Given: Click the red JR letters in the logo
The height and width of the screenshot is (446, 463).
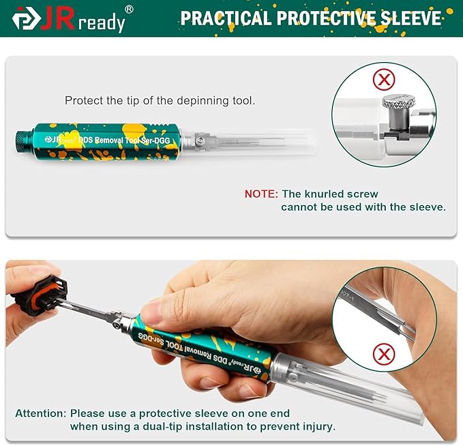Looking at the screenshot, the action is [58, 20].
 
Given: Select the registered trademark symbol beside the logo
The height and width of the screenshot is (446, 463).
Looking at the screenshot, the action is [129, 9].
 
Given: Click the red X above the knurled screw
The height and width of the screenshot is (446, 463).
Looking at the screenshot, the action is [384, 79].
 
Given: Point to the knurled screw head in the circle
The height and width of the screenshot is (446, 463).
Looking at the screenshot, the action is [399, 101].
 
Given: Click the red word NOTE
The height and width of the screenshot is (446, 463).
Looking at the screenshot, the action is [261, 194].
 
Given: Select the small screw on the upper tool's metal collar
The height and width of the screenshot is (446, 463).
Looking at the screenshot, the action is [201, 140].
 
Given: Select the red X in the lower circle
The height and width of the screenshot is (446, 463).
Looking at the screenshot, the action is [384, 353].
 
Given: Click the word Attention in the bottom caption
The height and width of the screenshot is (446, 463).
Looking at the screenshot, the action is [41, 413].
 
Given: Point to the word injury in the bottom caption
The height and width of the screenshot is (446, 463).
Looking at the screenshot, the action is [319, 426].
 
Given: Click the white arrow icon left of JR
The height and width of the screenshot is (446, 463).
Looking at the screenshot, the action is [26, 19].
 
